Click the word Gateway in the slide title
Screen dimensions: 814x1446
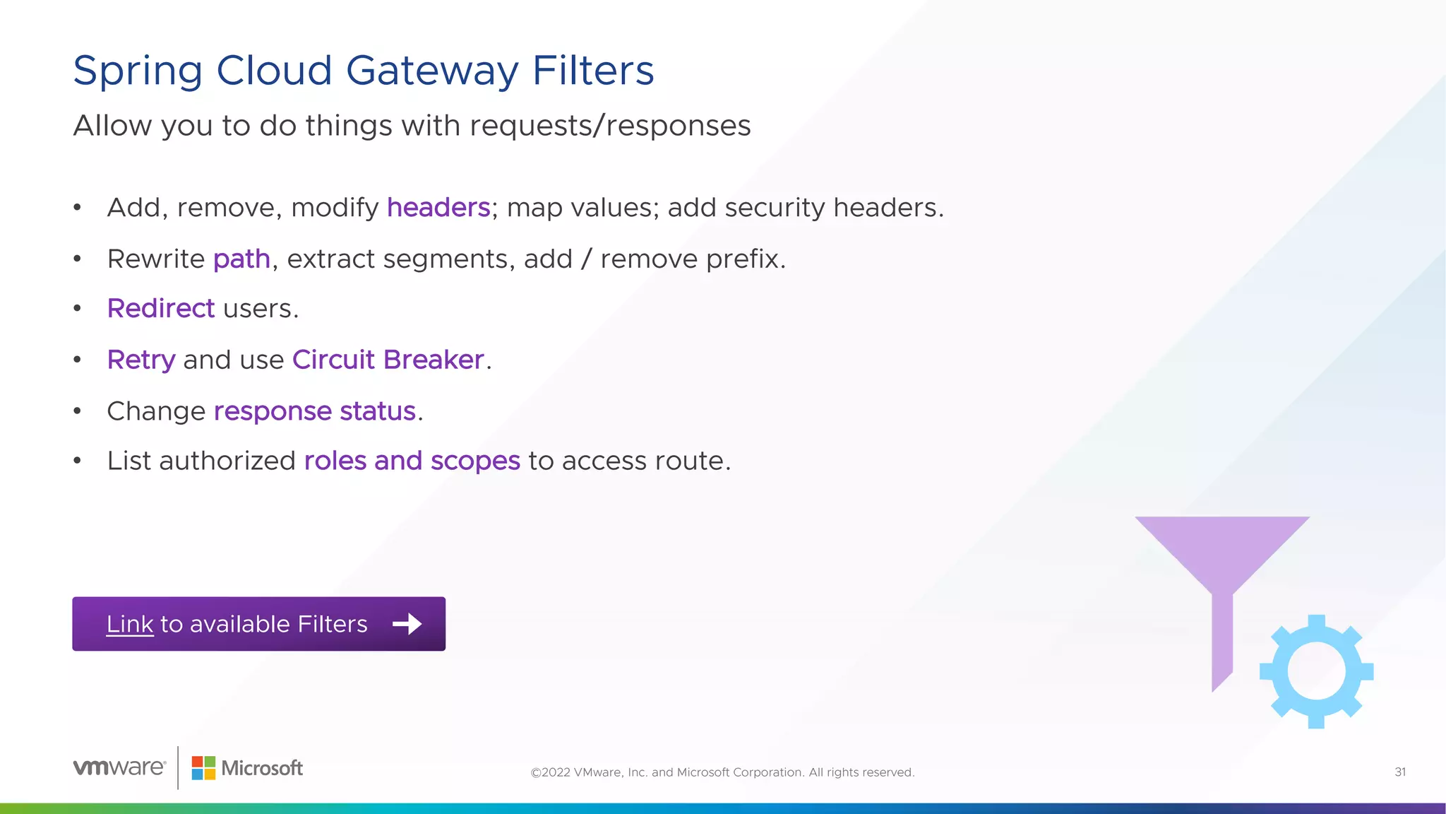[431, 71]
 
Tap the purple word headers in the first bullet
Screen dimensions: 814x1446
[438, 208]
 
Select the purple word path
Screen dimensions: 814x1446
[241, 259]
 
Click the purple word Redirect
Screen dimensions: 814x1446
[160, 309]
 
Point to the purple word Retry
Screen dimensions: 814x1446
[141, 360]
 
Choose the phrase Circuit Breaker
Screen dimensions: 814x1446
[388, 360]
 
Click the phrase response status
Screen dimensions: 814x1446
[314, 411]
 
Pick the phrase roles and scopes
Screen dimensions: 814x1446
[412, 461]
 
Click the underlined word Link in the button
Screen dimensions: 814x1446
[130, 624]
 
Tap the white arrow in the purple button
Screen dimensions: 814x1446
[407, 624]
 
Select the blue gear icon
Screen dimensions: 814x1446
[1316, 671]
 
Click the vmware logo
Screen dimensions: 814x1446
[119, 767]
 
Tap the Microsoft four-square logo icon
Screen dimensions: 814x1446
[203, 768]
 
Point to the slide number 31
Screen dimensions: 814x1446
[1400, 772]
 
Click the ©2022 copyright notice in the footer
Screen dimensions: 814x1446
[722, 772]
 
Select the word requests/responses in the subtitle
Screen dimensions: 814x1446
[610, 126]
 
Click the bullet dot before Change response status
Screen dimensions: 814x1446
[78, 411]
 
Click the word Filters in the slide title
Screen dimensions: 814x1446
[593, 71]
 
